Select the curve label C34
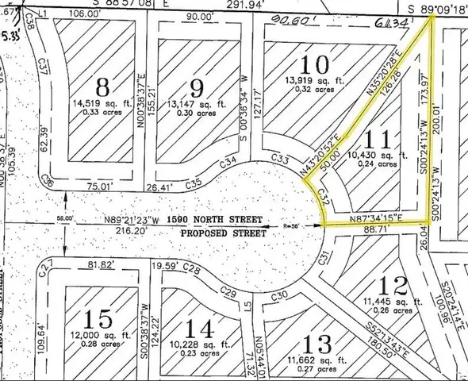(228, 164)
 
